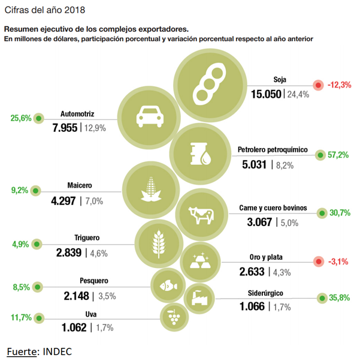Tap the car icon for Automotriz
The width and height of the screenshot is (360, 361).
pyautogui.click(x=147, y=114)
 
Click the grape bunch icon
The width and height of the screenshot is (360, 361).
pyautogui.click(x=174, y=315)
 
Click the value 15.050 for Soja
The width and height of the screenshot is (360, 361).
pyautogui.click(x=266, y=94)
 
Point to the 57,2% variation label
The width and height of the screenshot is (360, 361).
pyautogui.click(x=339, y=155)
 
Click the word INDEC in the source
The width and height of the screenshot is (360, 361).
pyautogui.click(x=58, y=351)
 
